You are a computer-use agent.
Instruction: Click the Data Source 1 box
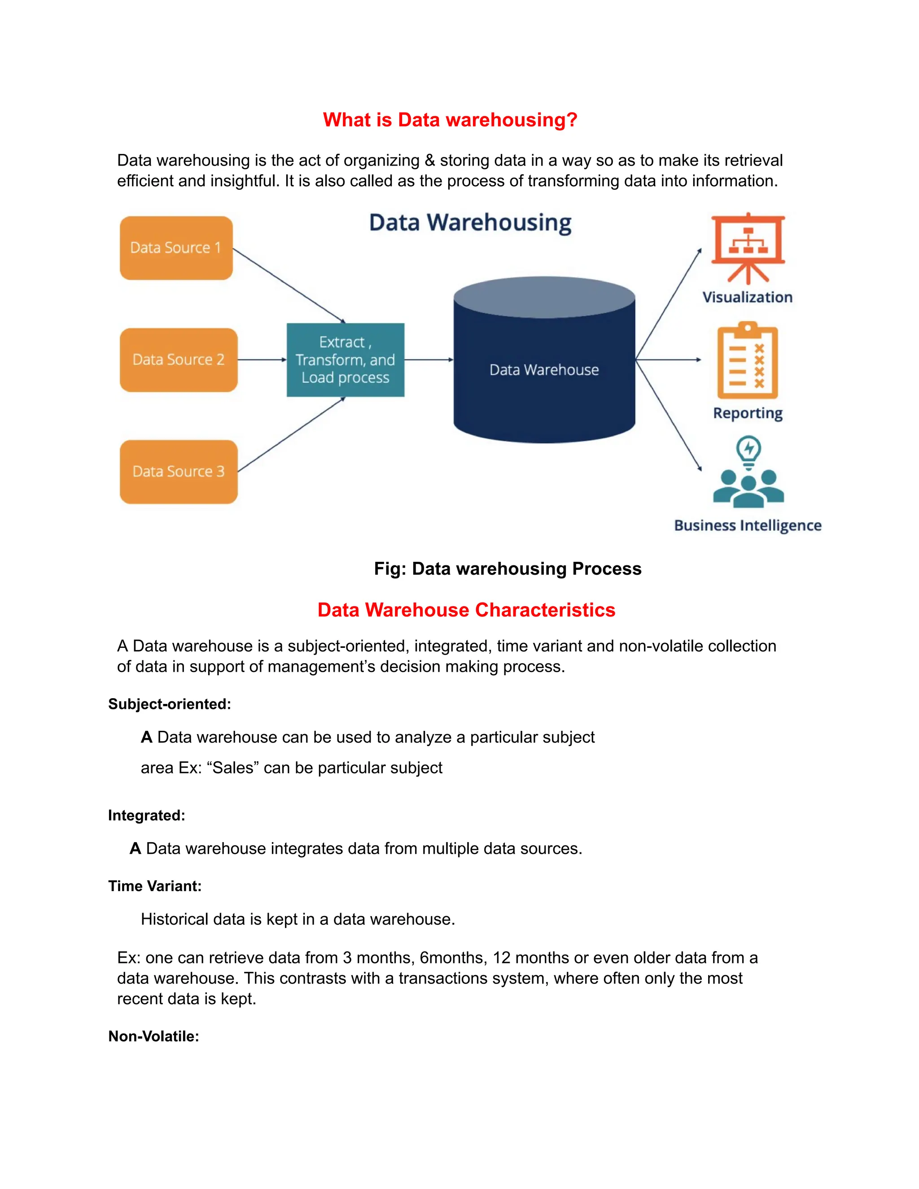[x=176, y=248]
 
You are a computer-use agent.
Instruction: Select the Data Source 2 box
[x=179, y=360]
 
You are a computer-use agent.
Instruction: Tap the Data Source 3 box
[x=179, y=472]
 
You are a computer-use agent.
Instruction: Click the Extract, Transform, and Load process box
[x=345, y=360]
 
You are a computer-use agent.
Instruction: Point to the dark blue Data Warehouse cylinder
[x=544, y=370]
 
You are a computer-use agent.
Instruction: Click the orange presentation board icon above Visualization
[x=748, y=248]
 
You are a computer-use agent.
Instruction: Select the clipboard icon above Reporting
[x=748, y=362]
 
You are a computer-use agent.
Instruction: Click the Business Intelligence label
[x=748, y=525]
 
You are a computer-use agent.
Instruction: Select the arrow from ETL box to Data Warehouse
[x=429, y=360]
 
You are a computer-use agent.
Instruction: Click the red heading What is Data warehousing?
[x=450, y=120]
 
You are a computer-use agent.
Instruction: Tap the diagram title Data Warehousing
[x=470, y=223]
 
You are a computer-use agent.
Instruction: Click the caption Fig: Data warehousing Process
[x=508, y=568]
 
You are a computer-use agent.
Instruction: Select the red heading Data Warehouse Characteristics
[x=466, y=610]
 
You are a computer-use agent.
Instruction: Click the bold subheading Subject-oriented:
[x=169, y=704]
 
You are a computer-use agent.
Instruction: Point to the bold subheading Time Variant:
[x=155, y=886]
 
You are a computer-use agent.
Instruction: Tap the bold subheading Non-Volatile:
[x=153, y=1036]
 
